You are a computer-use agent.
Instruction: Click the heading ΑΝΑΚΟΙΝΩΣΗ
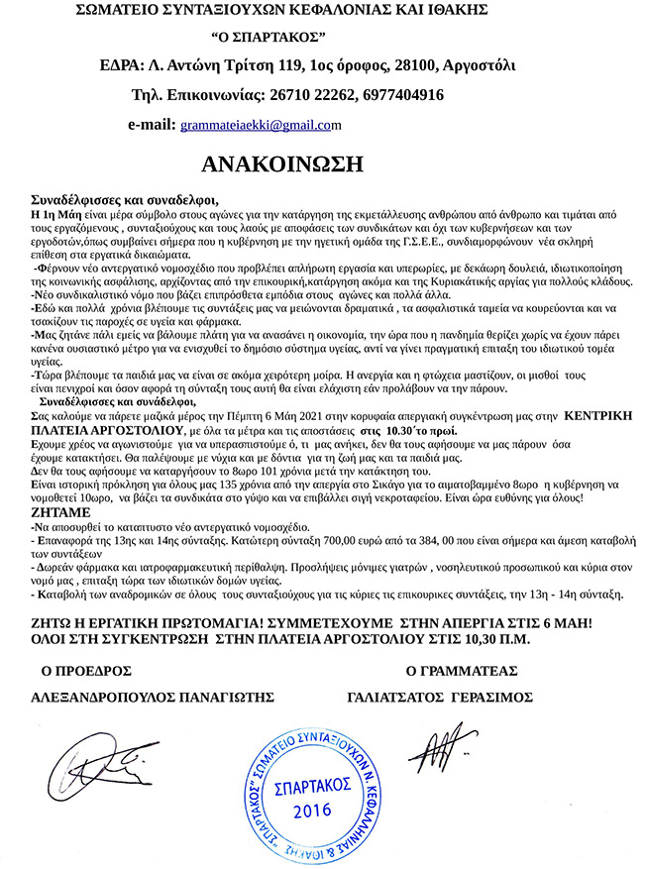pyautogui.click(x=282, y=163)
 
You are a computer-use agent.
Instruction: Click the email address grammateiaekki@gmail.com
pyautogui.click(x=260, y=126)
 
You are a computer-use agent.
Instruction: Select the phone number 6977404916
pyautogui.click(x=402, y=96)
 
